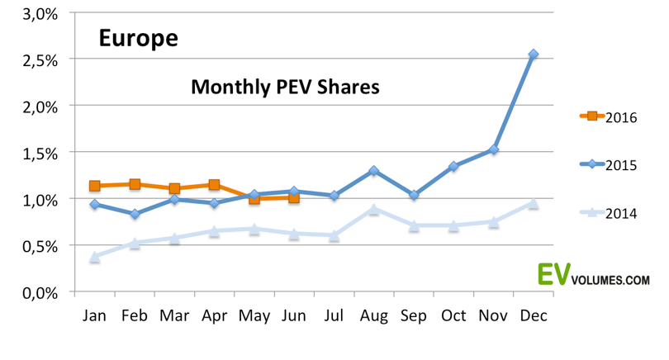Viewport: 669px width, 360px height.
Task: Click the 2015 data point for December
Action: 534,54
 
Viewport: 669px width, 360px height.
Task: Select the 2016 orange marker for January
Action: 95,186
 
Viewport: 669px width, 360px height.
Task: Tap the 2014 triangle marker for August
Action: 374,209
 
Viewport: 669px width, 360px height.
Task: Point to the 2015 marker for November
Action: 494,149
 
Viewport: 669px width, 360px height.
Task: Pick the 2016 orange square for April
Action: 214,185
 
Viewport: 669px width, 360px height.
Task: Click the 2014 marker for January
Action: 95,257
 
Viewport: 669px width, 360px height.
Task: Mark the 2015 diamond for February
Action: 135,214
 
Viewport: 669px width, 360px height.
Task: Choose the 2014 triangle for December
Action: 534,203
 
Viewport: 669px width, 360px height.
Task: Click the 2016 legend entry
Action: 609,117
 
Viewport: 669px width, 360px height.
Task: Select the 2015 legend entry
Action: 609,164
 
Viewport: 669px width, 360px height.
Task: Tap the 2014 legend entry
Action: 609,213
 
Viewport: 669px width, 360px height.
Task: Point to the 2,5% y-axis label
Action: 40,60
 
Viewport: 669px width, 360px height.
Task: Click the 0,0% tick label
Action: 40,293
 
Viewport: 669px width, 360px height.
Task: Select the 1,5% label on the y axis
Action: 40,154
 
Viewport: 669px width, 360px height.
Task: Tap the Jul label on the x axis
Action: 334,315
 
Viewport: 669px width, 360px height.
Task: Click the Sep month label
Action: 414,316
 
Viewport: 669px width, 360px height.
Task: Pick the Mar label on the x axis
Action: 174,315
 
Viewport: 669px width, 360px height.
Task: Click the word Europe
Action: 138,38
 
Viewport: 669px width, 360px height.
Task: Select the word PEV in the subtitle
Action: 294,87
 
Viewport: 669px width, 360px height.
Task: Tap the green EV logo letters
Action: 554,274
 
